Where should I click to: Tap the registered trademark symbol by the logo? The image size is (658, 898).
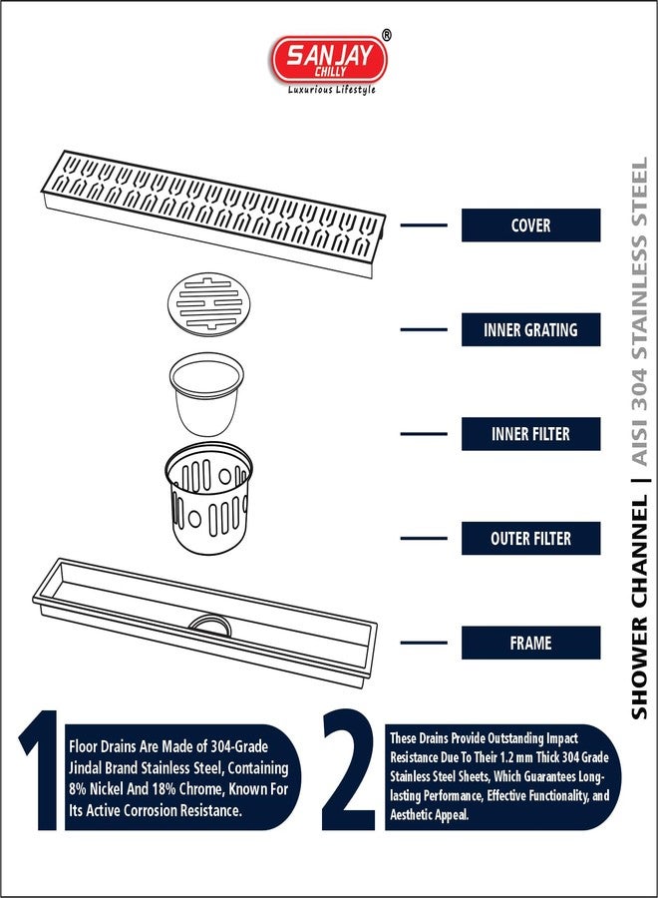[x=387, y=35]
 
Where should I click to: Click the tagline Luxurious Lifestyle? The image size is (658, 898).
[x=332, y=90]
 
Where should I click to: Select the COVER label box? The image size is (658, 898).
[x=530, y=225]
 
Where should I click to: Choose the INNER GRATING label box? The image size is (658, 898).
[x=530, y=330]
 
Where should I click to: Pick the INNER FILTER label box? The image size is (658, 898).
[x=530, y=434]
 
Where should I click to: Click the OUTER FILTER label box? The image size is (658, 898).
[x=530, y=539]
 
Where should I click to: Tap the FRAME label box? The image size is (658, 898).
[x=530, y=643]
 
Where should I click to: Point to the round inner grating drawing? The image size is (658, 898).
[x=207, y=304]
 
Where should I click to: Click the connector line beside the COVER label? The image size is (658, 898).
[x=424, y=225]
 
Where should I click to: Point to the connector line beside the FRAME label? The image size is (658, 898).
[x=424, y=643]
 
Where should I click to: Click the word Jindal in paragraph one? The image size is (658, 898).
[x=89, y=767]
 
